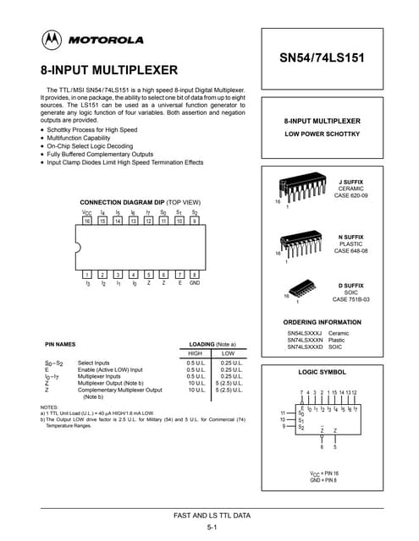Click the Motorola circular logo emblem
[x=52, y=39]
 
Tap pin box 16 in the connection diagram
[x=87, y=221]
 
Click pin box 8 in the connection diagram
[x=194, y=275]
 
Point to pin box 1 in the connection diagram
[x=87, y=275]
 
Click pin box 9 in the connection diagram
[x=194, y=221]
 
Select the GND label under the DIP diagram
[x=194, y=285]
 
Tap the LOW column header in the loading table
[x=228, y=354]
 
